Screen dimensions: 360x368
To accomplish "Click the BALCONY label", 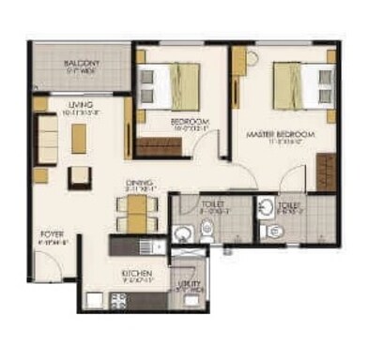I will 83,64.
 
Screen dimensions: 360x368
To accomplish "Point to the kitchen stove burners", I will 120,301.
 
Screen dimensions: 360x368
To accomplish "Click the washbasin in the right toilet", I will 267,207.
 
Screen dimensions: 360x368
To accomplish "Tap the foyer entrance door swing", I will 58,265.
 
